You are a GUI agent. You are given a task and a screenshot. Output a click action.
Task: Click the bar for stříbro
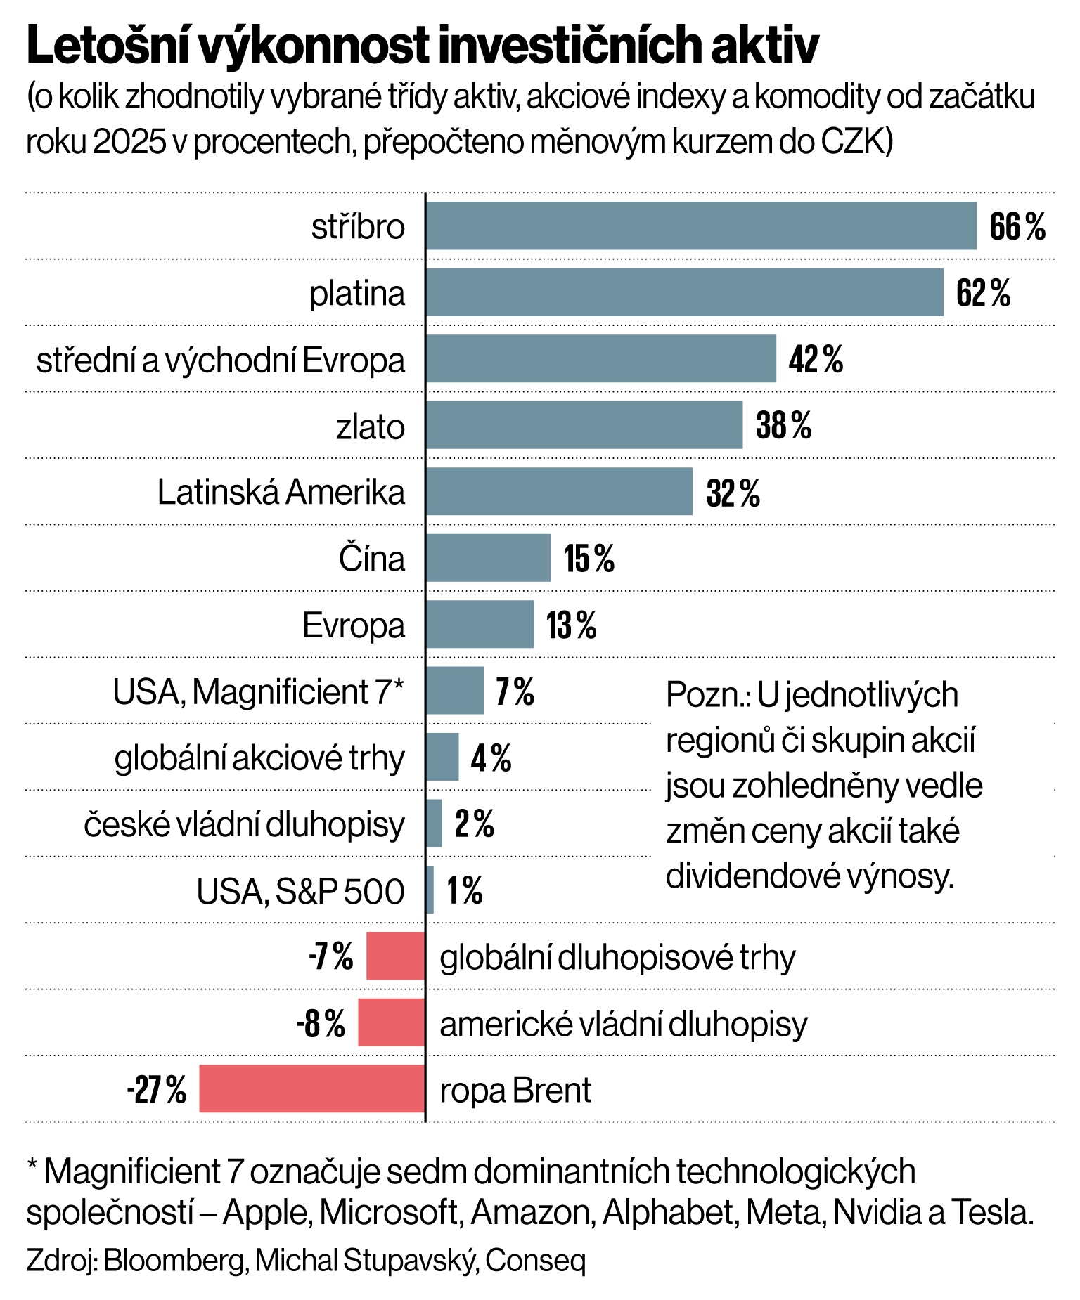[x=701, y=226]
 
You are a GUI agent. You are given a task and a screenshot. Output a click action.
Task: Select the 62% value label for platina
[x=983, y=293]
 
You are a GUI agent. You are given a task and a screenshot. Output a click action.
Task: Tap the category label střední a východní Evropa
[x=221, y=360]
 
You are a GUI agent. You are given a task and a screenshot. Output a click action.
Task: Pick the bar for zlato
[x=584, y=425]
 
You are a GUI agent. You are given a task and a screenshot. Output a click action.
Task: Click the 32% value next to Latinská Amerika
[x=733, y=493]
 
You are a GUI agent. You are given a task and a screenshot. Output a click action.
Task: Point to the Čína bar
[x=488, y=558]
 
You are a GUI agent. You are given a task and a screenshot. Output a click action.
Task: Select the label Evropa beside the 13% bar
[x=354, y=625]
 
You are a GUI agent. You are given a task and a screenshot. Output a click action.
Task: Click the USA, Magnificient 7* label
[x=259, y=692]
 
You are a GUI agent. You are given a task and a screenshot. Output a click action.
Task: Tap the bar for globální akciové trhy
[x=442, y=758]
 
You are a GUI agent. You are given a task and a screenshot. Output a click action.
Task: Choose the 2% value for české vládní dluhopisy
[x=475, y=824]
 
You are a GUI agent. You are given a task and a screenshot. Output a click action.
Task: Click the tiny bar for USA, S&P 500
[x=430, y=890]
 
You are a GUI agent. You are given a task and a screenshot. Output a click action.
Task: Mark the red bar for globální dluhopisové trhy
[x=395, y=956]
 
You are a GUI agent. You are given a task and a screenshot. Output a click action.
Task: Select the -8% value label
[x=321, y=1024]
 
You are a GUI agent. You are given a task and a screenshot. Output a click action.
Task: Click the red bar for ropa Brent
[x=311, y=1088]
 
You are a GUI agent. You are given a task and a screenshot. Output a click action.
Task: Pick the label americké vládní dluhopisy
[x=623, y=1024]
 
